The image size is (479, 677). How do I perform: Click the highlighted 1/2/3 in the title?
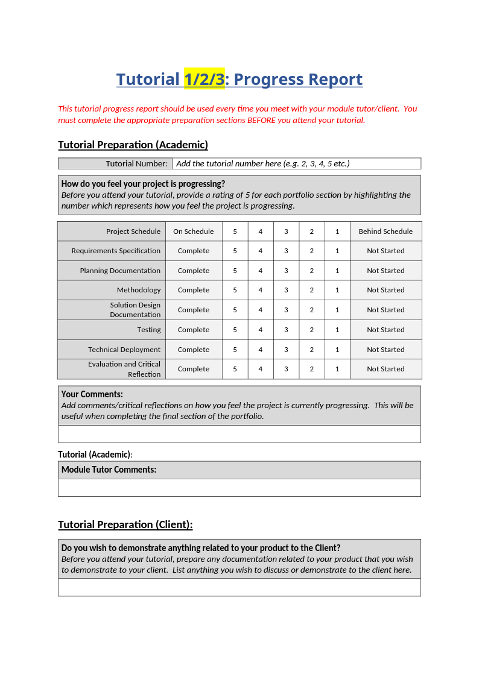204,79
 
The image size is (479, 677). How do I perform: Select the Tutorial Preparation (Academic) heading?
133,145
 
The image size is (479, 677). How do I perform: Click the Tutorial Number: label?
136,163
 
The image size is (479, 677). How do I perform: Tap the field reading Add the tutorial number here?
262,163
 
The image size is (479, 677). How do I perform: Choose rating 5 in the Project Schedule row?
235,231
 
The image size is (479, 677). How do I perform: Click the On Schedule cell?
193,231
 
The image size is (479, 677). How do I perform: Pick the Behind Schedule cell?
385,231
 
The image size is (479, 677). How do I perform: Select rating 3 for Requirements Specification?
286,251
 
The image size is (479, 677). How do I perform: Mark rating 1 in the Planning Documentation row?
337,271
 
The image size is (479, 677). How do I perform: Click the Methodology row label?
139,290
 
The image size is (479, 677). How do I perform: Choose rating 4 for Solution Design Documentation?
261,310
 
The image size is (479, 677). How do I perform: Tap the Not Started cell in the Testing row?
385,330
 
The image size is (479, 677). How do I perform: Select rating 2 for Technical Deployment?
312,350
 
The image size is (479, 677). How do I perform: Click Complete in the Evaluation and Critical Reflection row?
193,369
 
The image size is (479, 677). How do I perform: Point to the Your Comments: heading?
92,394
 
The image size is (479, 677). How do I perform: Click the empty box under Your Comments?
239,434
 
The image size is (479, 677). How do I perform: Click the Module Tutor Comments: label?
109,470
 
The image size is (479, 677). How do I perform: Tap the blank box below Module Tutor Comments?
239,488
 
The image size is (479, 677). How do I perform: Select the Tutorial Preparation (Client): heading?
125,524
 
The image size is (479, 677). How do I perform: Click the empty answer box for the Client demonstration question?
239,587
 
